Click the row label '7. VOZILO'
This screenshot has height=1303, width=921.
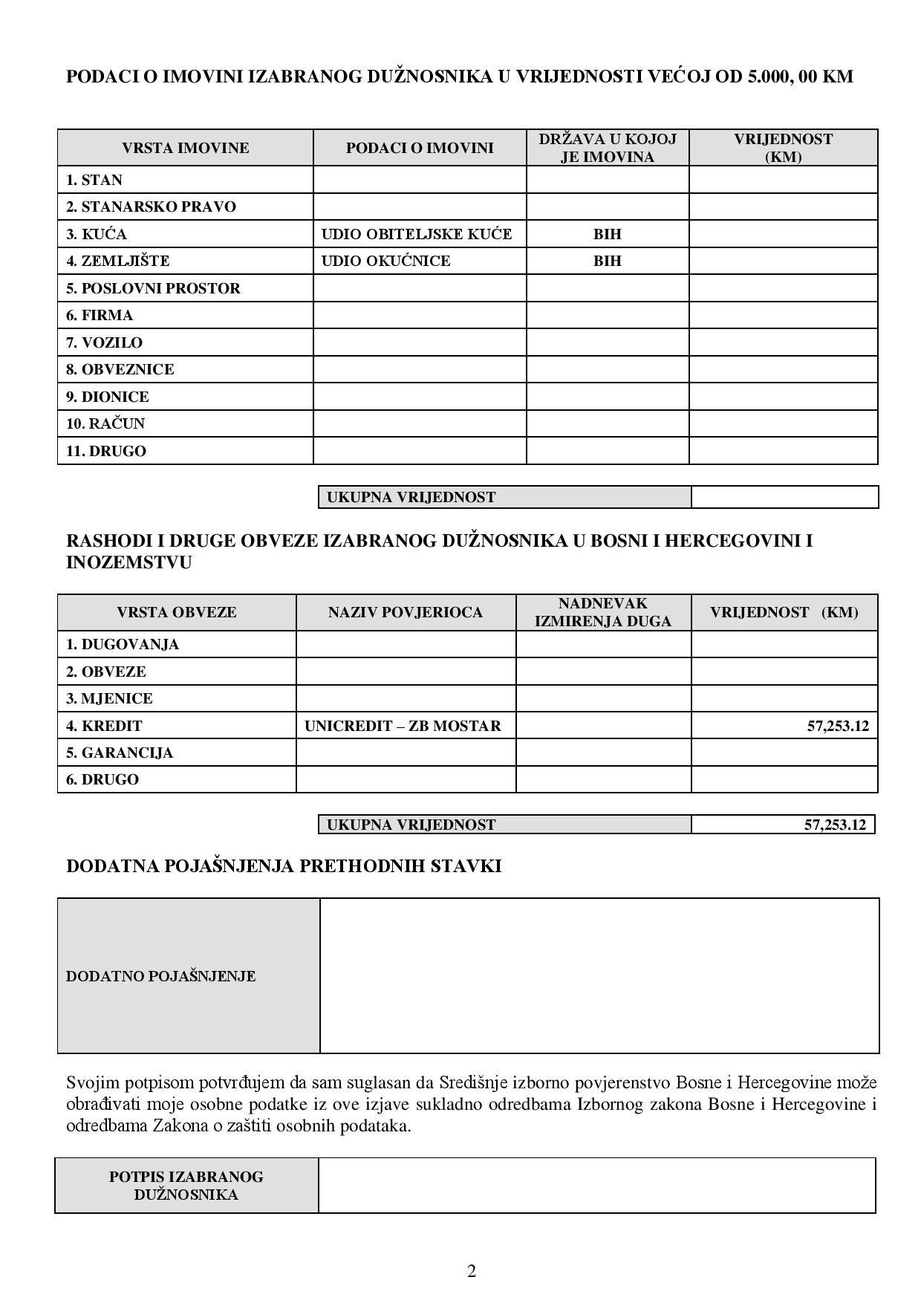(104, 342)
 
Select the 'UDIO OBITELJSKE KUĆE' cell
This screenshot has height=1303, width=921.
(416, 234)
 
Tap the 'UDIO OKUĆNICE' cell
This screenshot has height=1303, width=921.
(385, 261)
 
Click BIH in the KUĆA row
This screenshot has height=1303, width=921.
(607, 234)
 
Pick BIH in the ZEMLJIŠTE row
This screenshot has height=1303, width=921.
(607, 261)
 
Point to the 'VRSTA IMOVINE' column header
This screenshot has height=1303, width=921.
(185, 148)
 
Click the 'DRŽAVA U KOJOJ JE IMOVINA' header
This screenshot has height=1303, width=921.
(607, 148)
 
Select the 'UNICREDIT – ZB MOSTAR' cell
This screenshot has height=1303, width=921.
(403, 726)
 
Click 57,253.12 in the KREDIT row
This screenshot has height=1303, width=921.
(837, 726)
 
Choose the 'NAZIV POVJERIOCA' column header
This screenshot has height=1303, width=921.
(405, 613)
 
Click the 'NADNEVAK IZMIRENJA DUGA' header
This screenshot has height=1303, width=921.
(602, 613)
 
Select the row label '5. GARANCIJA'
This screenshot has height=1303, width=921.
(119, 753)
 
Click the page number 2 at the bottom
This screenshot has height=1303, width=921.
(472, 1271)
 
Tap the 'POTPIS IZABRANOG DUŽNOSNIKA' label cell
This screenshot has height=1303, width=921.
(186, 1186)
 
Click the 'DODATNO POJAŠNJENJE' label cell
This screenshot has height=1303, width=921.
(160, 976)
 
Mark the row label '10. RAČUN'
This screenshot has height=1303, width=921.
(105, 423)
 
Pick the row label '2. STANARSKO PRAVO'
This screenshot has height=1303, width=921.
(151, 207)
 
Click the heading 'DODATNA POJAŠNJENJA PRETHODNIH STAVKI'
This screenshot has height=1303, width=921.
(284, 866)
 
